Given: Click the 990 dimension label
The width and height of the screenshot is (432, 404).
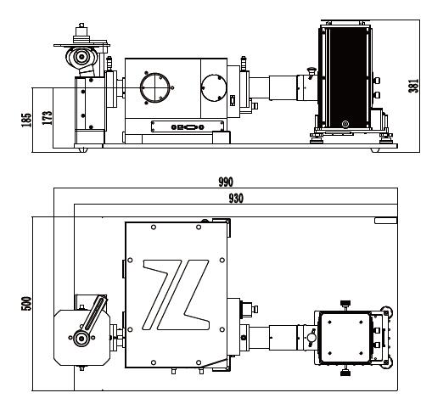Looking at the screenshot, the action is coord(226,182).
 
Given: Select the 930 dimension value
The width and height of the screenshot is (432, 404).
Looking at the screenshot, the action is coord(236,199).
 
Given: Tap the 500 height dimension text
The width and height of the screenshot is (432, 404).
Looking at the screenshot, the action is coord(26,304).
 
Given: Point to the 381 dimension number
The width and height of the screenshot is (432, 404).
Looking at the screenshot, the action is coord(413,85).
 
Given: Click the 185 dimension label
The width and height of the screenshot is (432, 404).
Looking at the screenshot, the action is coord(26,120).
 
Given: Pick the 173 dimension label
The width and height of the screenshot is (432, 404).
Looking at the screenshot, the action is coord(48,118).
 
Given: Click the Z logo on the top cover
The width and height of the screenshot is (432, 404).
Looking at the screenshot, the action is coord(176,295).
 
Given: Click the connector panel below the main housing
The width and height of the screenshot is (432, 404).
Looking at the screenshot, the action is coord(188,126).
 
